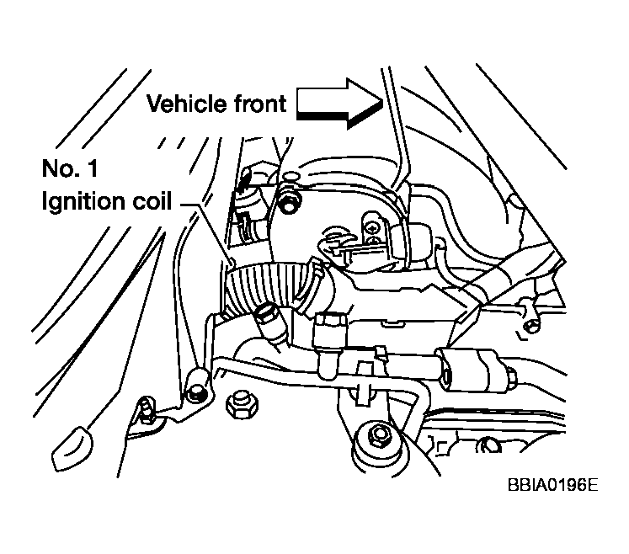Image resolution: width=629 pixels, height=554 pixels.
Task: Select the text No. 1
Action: coord(70,169)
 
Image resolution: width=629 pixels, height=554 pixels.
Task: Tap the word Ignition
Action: coord(83,203)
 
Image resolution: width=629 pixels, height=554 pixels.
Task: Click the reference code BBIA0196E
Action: coord(552,487)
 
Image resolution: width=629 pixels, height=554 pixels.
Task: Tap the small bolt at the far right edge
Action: coord(530,324)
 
